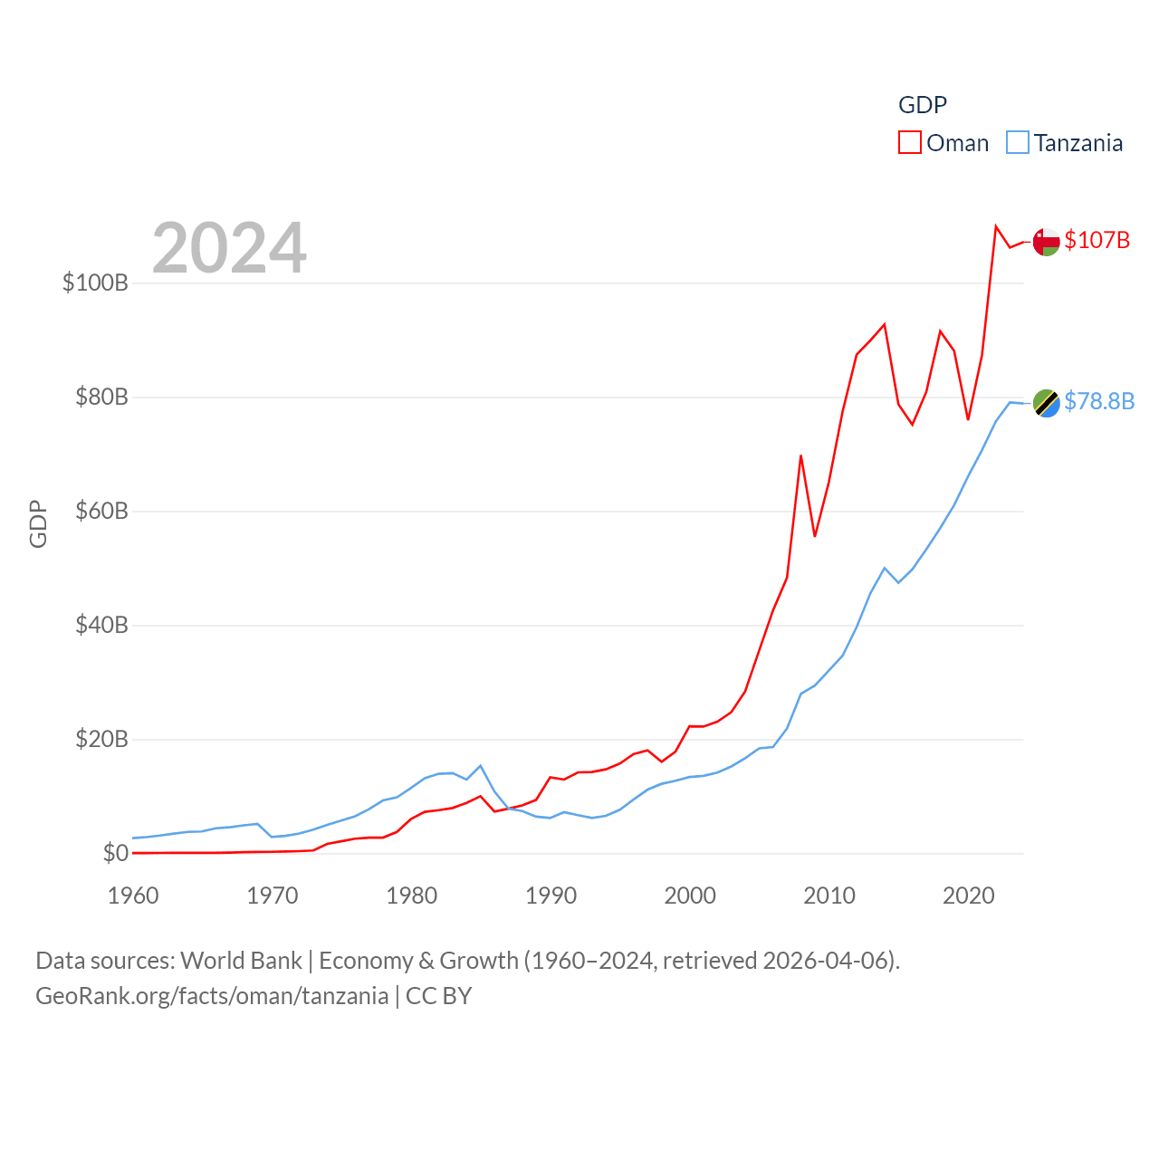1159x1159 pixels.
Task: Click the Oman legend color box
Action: [909, 143]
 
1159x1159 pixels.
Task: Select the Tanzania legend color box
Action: [1018, 143]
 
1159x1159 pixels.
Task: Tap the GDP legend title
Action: [922, 105]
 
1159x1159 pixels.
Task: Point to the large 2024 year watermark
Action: [229, 248]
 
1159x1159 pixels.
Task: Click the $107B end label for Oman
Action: [1097, 240]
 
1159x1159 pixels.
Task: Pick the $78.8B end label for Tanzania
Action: [1098, 401]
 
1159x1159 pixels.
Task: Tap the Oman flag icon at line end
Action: [1046, 242]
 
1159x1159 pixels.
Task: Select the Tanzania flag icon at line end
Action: [1046, 403]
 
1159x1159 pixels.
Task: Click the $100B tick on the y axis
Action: [95, 283]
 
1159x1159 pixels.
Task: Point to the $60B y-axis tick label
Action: [101, 511]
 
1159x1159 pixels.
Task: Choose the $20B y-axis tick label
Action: [101, 739]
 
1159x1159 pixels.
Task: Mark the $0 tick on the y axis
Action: [115, 853]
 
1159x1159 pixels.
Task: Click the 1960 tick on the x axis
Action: [133, 896]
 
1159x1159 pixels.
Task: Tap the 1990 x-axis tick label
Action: [551, 896]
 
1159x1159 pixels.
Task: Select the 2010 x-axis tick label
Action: [829, 896]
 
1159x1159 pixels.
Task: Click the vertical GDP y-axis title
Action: [38, 523]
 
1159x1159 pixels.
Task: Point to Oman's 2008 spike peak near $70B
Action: [801, 455]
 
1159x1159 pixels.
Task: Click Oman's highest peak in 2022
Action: [996, 226]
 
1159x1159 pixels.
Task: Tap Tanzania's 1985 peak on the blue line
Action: [481, 765]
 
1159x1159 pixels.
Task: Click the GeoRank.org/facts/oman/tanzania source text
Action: [212, 996]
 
